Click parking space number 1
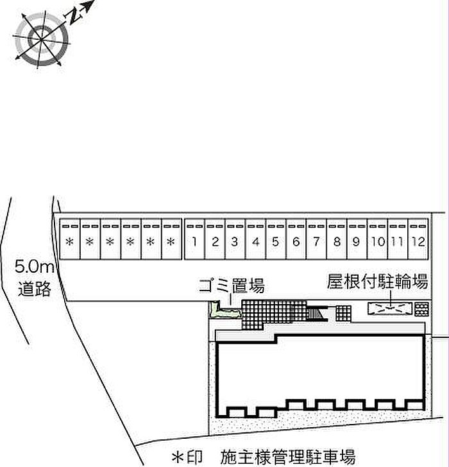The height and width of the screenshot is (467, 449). (x=194, y=242)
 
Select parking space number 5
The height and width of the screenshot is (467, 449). (x=276, y=242)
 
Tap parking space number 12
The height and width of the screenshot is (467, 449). (x=418, y=242)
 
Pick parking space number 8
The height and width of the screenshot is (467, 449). (x=337, y=242)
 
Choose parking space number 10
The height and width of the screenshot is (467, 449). (x=377, y=242)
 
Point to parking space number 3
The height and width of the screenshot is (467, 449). (x=235, y=242)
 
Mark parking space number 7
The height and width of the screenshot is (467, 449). (x=316, y=242)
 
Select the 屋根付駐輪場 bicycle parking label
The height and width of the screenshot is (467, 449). (x=377, y=281)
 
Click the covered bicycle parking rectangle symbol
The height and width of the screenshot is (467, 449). (x=389, y=309)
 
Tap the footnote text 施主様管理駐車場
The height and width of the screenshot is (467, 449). (x=287, y=457)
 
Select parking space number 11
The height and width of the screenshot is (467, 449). (x=398, y=242)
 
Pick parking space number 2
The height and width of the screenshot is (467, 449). (x=215, y=242)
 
